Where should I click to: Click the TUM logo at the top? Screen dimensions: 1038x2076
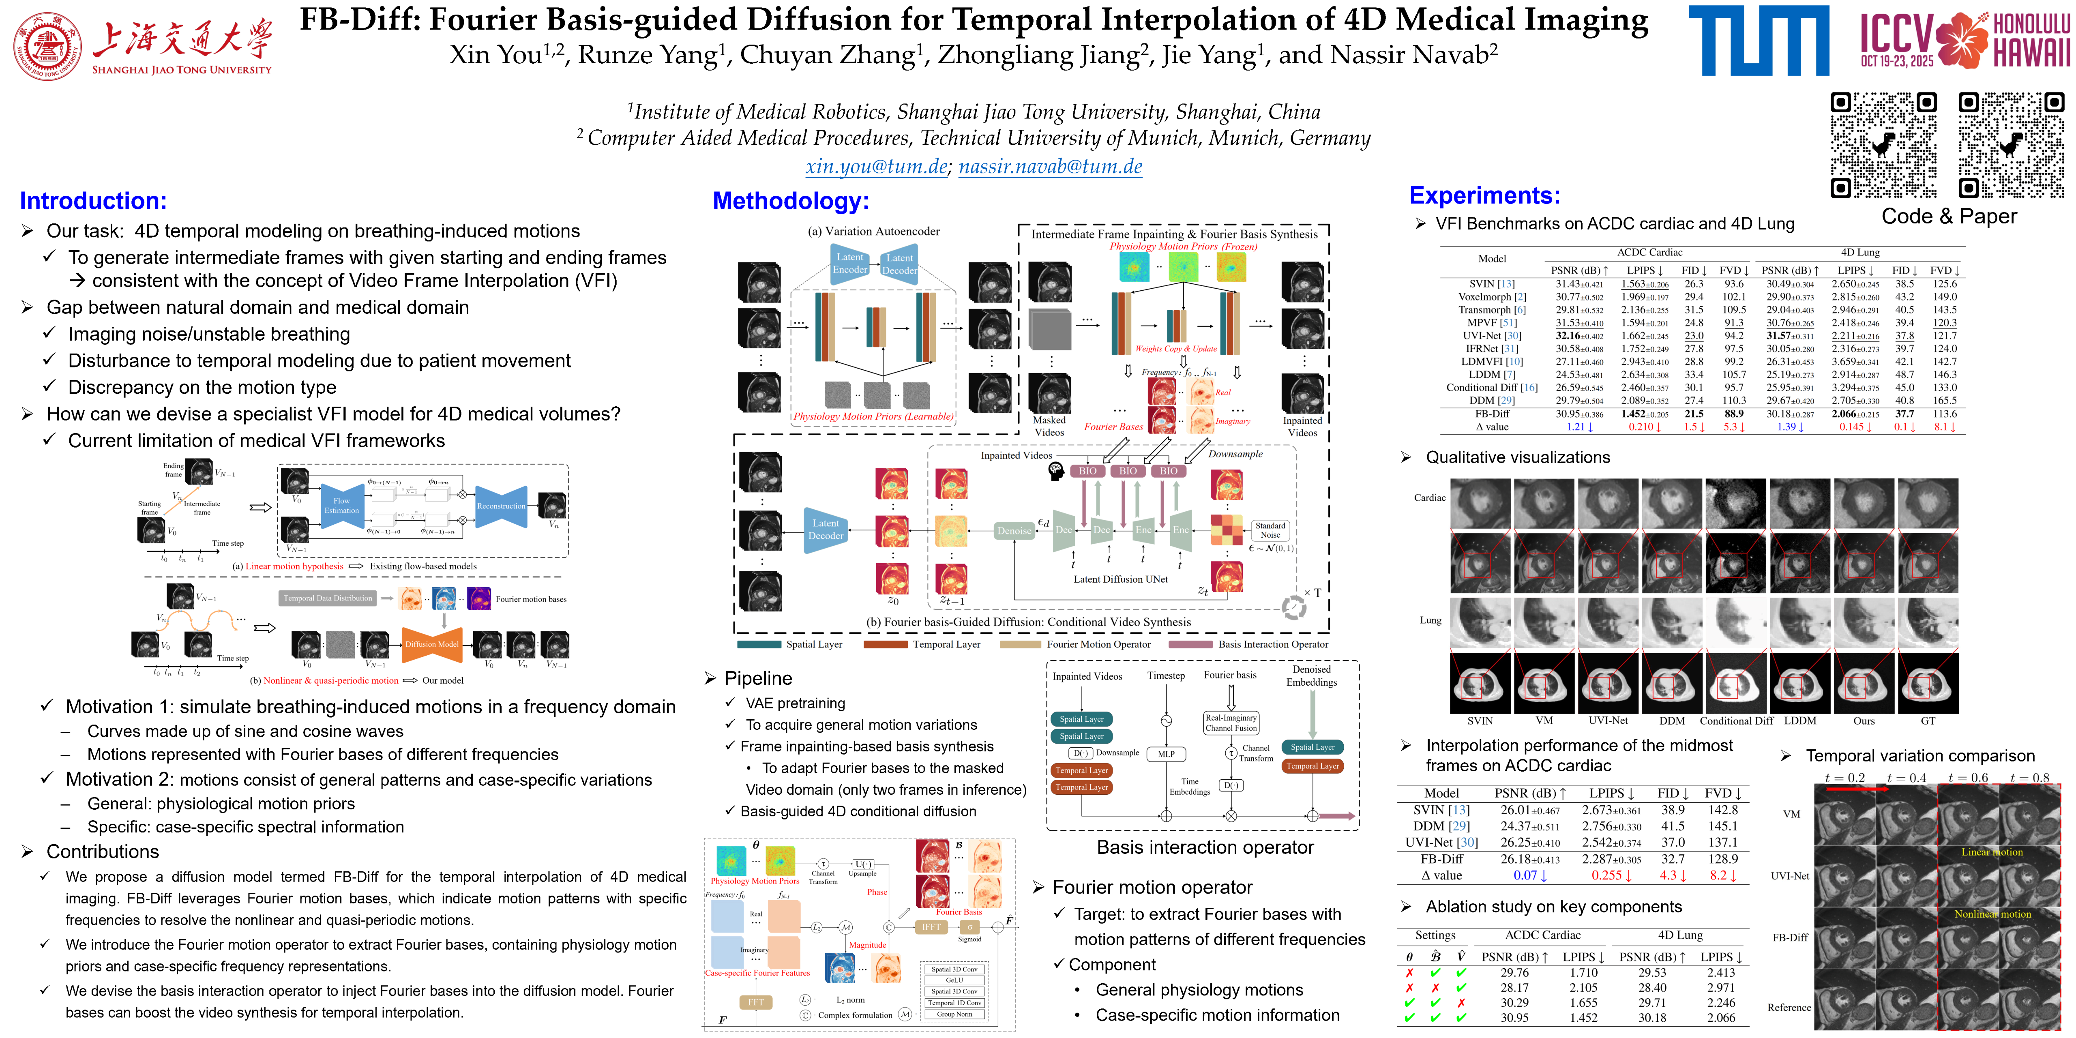(1759, 40)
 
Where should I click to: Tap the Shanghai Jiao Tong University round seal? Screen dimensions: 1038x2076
(47, 46)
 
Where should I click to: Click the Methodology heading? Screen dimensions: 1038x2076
(791, 201)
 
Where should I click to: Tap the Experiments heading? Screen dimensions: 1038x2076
(1484, 196)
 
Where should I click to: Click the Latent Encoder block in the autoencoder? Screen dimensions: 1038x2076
(849, 264)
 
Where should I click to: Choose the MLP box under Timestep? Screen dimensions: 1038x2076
(1166, 754)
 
